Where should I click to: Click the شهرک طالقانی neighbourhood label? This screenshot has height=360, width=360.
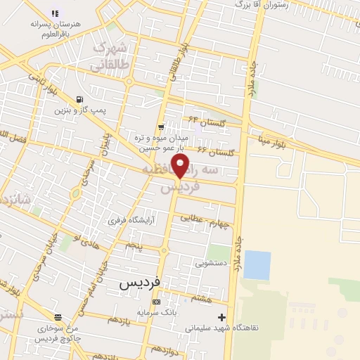click(111, 56)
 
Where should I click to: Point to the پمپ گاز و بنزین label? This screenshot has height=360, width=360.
click(81, 110)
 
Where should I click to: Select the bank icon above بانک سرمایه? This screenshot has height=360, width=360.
click(156, 302)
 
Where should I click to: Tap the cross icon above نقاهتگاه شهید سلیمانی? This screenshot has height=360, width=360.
click(222, 317)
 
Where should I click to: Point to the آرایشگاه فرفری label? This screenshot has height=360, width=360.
click(131, 220)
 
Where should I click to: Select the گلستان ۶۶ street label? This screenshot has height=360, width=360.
click(214, 150)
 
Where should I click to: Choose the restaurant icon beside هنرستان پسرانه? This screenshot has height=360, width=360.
click(56, 13)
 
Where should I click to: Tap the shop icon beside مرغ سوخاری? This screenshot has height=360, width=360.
click(58, 316)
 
